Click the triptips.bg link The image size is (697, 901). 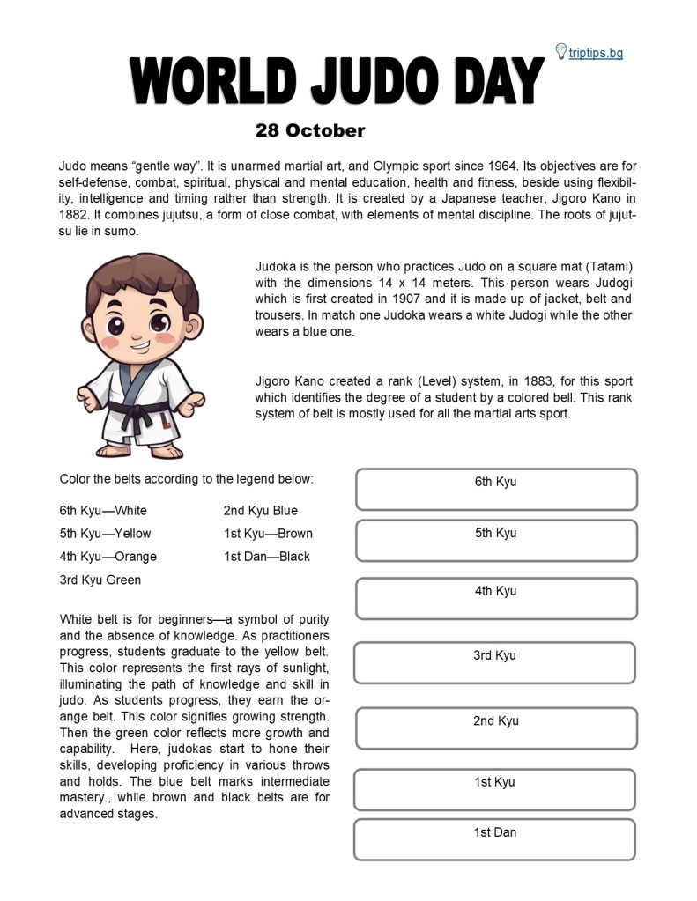click(596, 53)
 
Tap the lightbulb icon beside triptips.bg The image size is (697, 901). click(560, 51)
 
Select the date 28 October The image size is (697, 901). click(309, 130)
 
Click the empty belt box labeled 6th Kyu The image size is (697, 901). click(496, 490)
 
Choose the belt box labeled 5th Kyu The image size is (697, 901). click(496, 541)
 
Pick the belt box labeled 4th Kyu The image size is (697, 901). click(496, 599)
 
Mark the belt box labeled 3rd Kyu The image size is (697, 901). click(494, 663)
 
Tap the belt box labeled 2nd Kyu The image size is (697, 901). click(496, 728)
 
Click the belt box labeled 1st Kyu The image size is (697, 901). click(494, 790)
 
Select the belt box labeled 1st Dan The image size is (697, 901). click(494, 840)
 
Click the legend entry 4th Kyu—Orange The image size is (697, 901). click(108, 557)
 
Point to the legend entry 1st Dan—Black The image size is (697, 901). click(267, 557)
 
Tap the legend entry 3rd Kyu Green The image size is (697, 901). click(100, 580)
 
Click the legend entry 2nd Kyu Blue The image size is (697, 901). click(261, 511)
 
